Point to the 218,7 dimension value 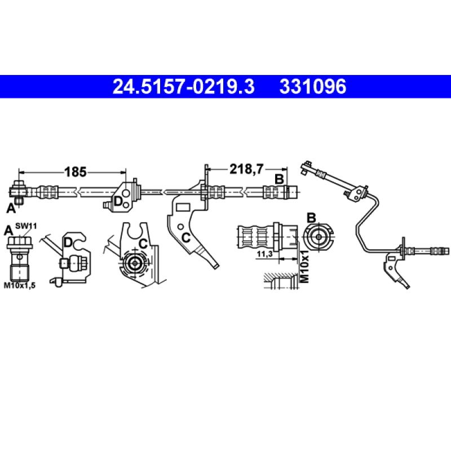[x=246, y=167]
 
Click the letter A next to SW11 [x=8, y=229]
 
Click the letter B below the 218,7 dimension [x=278, y=179]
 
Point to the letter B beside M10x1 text [x=311, y=218]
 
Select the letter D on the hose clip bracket [x=118, y=201]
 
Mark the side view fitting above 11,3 [x=265, y=234]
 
